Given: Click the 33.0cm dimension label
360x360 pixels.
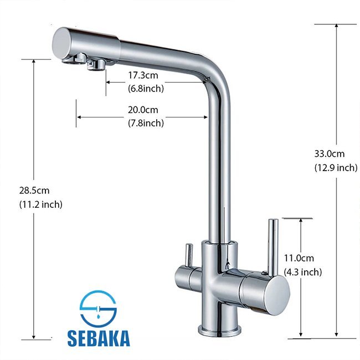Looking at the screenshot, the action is coord(330,154).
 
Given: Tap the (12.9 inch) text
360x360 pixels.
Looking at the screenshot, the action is coord(336,168).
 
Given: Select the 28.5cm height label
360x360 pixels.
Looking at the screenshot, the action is coord(34,191).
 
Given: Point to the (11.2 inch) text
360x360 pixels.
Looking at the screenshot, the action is coord(41,204).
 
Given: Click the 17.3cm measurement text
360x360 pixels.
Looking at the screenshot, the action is coord(143,75).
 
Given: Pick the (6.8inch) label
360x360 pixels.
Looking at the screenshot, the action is coord(146,89).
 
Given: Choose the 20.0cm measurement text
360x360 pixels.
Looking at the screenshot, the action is coord(143,110).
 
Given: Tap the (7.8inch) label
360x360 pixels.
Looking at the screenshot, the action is coord(146,124).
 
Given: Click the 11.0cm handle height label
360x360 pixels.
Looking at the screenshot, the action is coord(299,258).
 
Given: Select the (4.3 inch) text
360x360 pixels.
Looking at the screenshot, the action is coord(303,272).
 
